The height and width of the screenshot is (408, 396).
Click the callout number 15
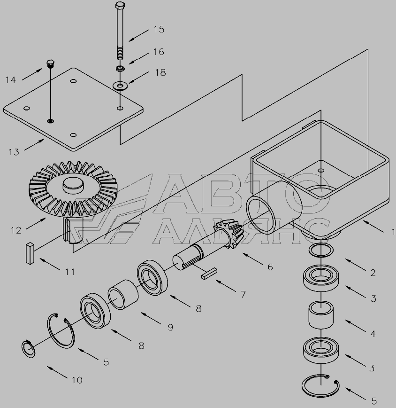[x=159, y=30]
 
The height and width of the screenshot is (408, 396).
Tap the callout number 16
[x=159, y=52]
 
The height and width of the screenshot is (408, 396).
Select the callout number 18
[x=160, y=72]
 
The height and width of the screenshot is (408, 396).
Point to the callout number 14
[x=11, y=80]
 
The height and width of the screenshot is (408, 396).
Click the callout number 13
[x=14, y=152]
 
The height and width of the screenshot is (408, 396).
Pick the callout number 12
[x=16, y=230]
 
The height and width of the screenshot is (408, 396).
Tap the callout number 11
[x=70, y=272]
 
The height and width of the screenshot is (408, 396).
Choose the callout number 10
[x=77, y=380]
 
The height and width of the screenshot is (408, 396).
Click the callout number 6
[x=270, y=267]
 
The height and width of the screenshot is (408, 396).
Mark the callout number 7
[x=243, y=295]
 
